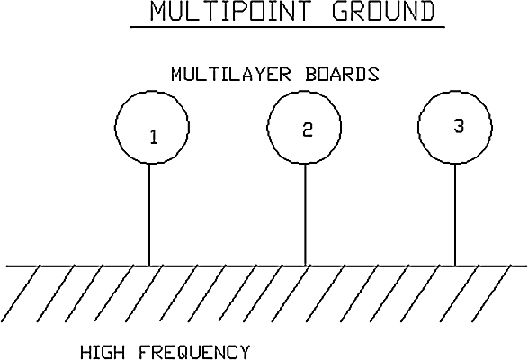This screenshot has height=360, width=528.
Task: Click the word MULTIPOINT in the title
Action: point(229,11)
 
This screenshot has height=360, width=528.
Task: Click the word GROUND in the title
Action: point(384,11)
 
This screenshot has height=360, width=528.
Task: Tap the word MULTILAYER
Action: point(230,74)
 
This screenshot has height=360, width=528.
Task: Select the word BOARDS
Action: point(342,74)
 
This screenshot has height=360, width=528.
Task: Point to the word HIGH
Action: point(103,352)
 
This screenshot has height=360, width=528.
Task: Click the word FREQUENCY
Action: point(194,352)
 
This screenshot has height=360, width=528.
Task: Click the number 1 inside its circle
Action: point(154,137)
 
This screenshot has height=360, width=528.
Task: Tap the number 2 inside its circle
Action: point(308,130)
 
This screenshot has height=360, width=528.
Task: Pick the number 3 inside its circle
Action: point(459,127)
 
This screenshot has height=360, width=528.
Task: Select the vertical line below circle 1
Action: point(149,215)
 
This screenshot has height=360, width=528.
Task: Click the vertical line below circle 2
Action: point(305,215)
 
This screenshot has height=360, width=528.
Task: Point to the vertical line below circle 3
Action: point(455,215)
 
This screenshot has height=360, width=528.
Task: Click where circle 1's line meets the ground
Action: point(149,266)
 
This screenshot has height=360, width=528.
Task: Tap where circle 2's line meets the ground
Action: point(305,266)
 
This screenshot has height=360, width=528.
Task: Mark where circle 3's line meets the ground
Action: point(455,266)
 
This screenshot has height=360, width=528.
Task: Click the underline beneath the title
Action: point(288,27)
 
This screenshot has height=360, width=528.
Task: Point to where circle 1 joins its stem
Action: point(149,164)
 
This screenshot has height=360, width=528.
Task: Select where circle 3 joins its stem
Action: point(455,164)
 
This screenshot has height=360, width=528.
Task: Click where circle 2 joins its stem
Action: point(305,164)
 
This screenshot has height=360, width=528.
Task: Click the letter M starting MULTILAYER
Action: point(177,74)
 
